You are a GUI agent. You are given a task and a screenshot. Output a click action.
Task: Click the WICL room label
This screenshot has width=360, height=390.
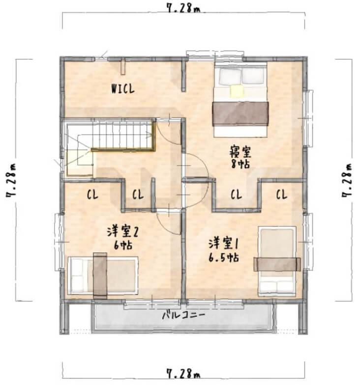pyautogui.click(x=123, y=88)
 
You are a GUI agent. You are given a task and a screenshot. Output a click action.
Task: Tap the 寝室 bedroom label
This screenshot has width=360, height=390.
pyautogui.click(x=240, y=152)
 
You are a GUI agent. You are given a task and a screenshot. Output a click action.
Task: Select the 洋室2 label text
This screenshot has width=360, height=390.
pyautogui.click(x=122, y=231)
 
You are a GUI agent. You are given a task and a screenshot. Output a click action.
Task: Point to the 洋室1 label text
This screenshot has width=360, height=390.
pyautogui.click(x=223, y=243)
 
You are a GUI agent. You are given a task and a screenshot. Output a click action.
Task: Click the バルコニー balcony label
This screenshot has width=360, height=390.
pyautogui.click(x=184, y=315)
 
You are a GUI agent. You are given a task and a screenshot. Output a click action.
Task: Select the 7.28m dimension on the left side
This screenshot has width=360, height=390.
pyautogui.click(x=11, y=180)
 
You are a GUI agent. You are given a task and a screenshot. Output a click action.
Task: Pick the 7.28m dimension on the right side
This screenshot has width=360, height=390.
pyautogui.click(x=347, y=180)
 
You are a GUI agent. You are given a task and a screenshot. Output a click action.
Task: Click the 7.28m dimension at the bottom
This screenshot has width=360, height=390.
pyautogui.click(x=183, y=373)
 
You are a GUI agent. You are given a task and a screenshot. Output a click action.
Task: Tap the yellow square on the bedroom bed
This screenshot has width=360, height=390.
pyautogui.click(x=237, y=91)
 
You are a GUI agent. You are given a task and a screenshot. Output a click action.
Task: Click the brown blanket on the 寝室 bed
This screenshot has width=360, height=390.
pyautogui.click(x=240, y=113)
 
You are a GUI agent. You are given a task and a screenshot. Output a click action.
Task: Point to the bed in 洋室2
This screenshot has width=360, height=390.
pyautogui.click(x=103, y=275)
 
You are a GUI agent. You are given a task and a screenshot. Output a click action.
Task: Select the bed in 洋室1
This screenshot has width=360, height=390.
pyautogui.click(x=277, y=261)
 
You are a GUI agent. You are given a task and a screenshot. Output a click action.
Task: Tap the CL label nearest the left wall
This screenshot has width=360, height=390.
pyautogui.click(x=92, y=194)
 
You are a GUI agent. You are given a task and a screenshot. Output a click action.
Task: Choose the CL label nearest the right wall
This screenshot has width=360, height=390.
pyautogui.click(x=282, y=194)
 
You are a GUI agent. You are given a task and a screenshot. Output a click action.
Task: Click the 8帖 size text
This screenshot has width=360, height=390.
pyautogui.click(x=240, y=164)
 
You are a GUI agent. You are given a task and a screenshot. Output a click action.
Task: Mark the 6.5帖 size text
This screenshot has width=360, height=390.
pyautogui.click(x=224, y=257)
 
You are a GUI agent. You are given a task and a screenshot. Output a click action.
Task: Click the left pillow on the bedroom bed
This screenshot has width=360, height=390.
pyautogui.click(x=230, y=76)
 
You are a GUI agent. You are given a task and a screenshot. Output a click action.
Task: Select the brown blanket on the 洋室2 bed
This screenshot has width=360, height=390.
pyautogui.click(x=100, y=276)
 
